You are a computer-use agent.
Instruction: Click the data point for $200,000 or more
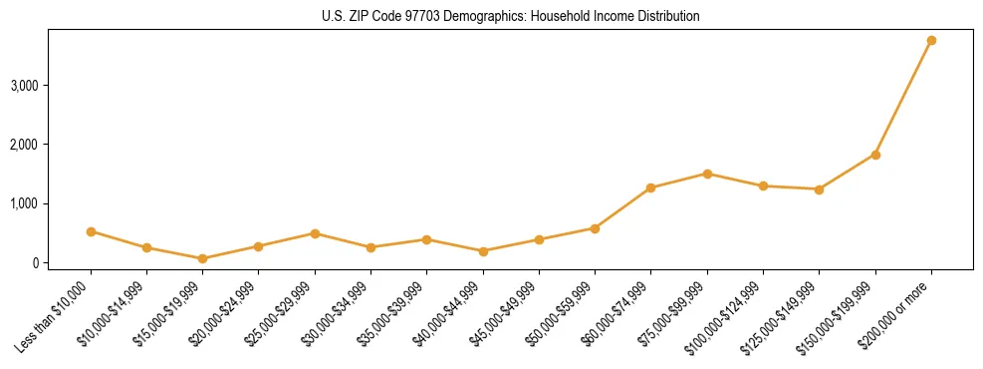(x=931, y=41)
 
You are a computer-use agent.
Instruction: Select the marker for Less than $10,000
(x=91, y=231)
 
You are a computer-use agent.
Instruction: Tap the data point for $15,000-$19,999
(x=202, y=258)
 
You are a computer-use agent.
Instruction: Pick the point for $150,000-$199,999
(x=875, y=155)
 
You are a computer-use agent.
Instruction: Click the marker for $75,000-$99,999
(x=707, y=174)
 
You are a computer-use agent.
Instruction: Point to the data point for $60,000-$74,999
(x=650, y=187)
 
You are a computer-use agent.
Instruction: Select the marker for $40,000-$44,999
(x=483, y=251)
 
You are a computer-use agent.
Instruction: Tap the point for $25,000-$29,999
(x=315, y=233)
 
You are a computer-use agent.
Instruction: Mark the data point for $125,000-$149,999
(x=819, y=189)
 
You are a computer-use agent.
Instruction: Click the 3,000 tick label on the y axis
(x=24, y=86)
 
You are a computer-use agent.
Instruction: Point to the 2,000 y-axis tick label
(x=24, y=145)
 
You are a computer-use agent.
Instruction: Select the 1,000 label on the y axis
(x=24, y=203)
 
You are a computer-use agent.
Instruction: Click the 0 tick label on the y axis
(x=34, y=263)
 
